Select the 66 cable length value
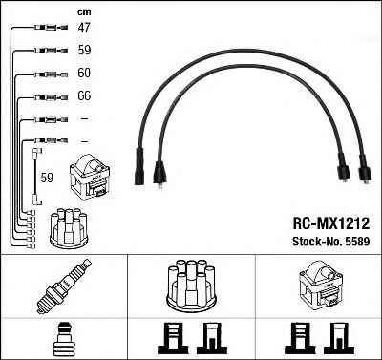click(x=84, y=96)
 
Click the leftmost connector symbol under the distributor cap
click(x=170, y=337)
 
